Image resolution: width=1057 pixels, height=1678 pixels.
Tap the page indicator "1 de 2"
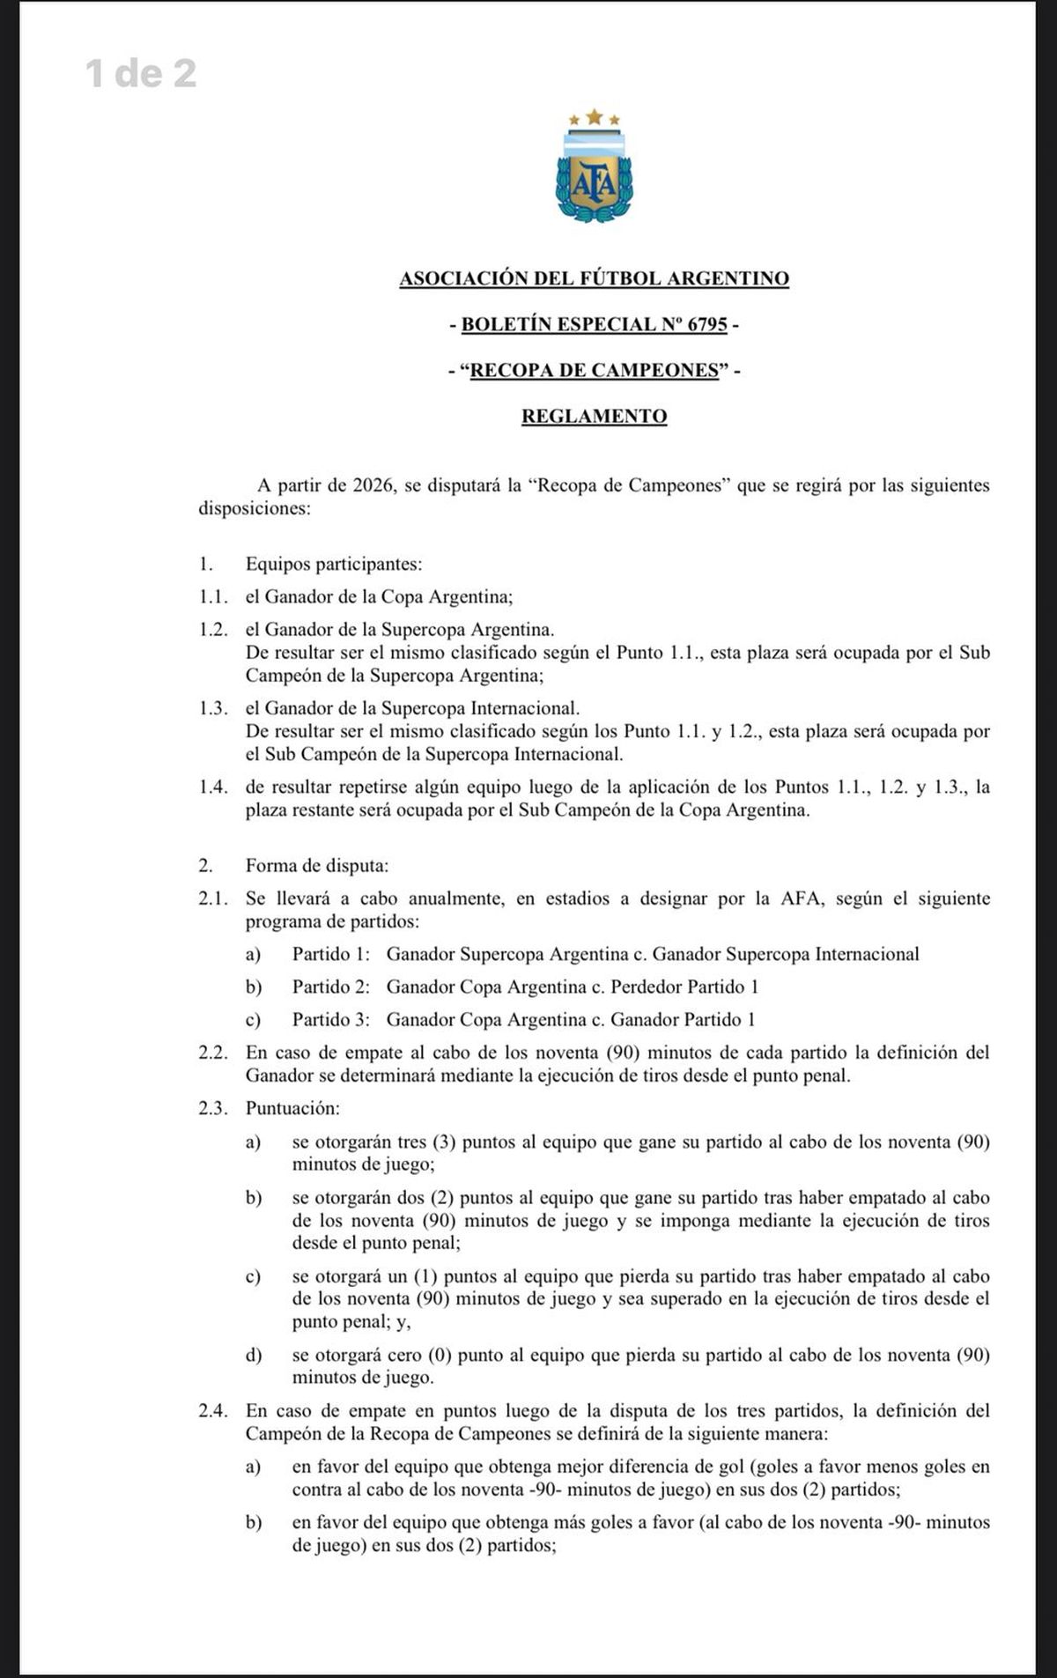coord(141,74)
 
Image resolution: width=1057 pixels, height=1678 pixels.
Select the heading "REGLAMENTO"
coord(594,416)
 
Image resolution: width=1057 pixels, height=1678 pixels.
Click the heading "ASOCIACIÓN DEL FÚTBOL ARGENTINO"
coord(594,278)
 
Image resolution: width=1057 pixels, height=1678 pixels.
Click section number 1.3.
coord(214,708)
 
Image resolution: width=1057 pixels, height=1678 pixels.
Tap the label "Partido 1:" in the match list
coord(331,954)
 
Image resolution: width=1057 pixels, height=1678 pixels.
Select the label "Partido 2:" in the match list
coord(331,987)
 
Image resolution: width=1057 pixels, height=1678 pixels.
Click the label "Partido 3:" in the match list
coord(331,1019)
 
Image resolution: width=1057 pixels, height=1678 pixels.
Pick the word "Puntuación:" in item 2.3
coord(292,1108)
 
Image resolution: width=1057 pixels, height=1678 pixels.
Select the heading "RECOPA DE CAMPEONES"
coord(595,370)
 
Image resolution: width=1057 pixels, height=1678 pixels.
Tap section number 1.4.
coord(214,787)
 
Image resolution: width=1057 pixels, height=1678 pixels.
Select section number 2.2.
coord(214,1053)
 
